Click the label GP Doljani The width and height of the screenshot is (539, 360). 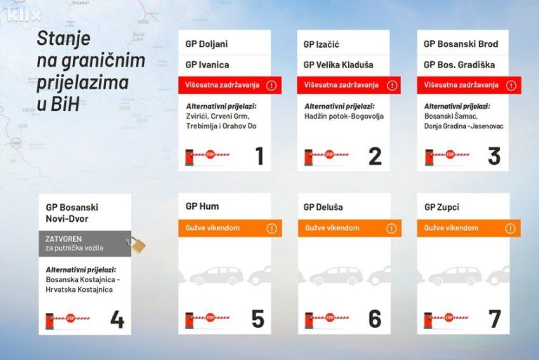click(x=206, y=44)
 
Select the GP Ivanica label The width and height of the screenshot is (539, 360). click(x=207, y=65)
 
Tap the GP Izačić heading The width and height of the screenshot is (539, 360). click(x=322, y=44)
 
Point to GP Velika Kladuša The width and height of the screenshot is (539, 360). click(x=338, y=65)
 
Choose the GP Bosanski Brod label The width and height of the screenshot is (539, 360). click(x=460, y=44)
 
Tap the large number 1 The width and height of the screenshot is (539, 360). click(x=259, y=156)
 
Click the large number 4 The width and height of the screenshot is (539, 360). click(x=117, y=319)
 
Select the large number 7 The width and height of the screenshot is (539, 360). click(x=495, y=319)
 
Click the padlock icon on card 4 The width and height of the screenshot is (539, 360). click(x=135, y=244)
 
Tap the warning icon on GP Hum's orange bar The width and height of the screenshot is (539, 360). click(x=271, y=228)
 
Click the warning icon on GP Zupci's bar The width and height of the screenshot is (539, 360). click(x=510, y=228)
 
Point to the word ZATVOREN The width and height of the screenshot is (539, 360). click(x=65, y=238)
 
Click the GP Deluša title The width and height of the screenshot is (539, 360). click(x=322, y=206)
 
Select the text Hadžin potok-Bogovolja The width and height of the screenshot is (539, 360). click(x=344, y=116)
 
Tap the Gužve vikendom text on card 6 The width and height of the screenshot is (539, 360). click(x=332, y=228)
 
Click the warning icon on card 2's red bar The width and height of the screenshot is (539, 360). click(x=391, y=86)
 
